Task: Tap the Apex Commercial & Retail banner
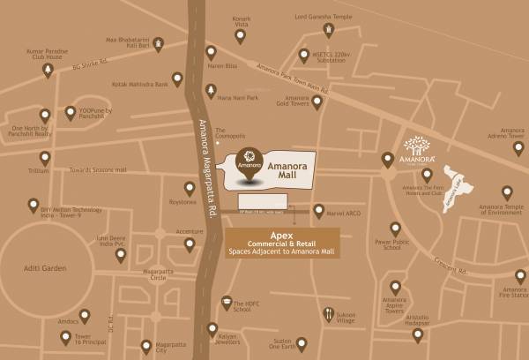(282, 242)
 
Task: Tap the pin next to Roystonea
(190, 188)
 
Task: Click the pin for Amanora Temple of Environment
(507, 191)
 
